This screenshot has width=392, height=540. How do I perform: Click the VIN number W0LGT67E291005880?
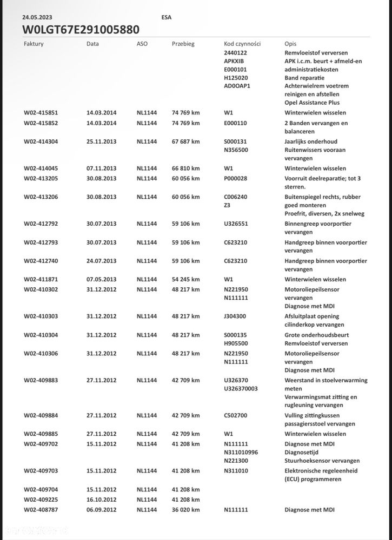pyautogui.click(x=81, y=29)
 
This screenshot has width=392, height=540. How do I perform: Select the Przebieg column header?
pyautogui.click(x=183, y=44)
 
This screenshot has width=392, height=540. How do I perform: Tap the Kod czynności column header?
pyautogui.click(x=242, y=44)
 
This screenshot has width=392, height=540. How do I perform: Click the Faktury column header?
pyautogui.click(x=34, y=44)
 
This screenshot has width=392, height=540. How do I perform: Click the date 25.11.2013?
pyautogui.click(x=101, y=141)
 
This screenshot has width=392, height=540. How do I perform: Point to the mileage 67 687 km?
pyautogui.click(x=185, y=141)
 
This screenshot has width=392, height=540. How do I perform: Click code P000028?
pyautogui.click(x=235, y=178)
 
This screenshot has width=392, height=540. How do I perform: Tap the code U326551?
pyautogui.click(x=235, y=224)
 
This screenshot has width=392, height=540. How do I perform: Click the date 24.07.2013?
pyautogui.click(x=101, y=261)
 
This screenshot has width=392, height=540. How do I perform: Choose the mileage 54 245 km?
pyautogui.click(x=185, y=279)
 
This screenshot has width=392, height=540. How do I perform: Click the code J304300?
pyautogui.click(x=235, y=316)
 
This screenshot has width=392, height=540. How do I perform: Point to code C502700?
pyautogui.click(x=235, y=416)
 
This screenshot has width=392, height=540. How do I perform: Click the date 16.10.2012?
pyautogui.click(x=101, y=500)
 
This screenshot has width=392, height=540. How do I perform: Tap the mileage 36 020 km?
pyautogui.click(x=185, y=510)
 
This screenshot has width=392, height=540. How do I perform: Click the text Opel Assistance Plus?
pyautogui.click(x=312, y=103)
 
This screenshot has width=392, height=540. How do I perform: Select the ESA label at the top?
pyautogui.click(x=167, y=17)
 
